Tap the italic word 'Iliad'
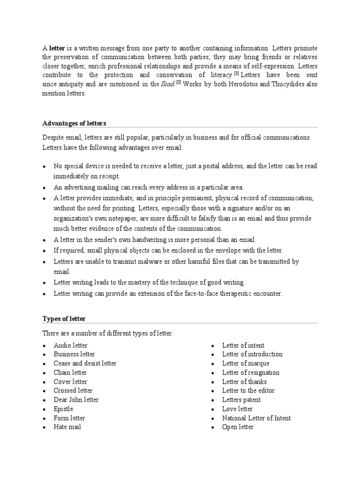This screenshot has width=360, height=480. [167, 85]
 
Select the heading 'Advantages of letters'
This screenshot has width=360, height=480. [75, 123]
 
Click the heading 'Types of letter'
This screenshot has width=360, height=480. [64, 319]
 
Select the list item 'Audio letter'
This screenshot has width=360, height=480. [71, 345]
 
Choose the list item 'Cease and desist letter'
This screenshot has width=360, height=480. [85, 363]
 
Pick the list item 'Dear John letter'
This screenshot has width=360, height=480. [76, 400]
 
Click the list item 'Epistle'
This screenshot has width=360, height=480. [63, 409]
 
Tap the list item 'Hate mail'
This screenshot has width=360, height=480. [67, 427]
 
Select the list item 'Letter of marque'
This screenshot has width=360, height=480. [246, 363]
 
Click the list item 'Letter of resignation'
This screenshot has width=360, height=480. [251, 373]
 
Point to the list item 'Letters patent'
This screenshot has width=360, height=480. [241, 400]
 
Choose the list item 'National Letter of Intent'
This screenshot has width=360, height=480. [256, 418]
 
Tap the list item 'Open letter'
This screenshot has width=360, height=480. [238, 427]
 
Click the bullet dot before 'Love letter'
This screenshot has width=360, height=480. [212, 410]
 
